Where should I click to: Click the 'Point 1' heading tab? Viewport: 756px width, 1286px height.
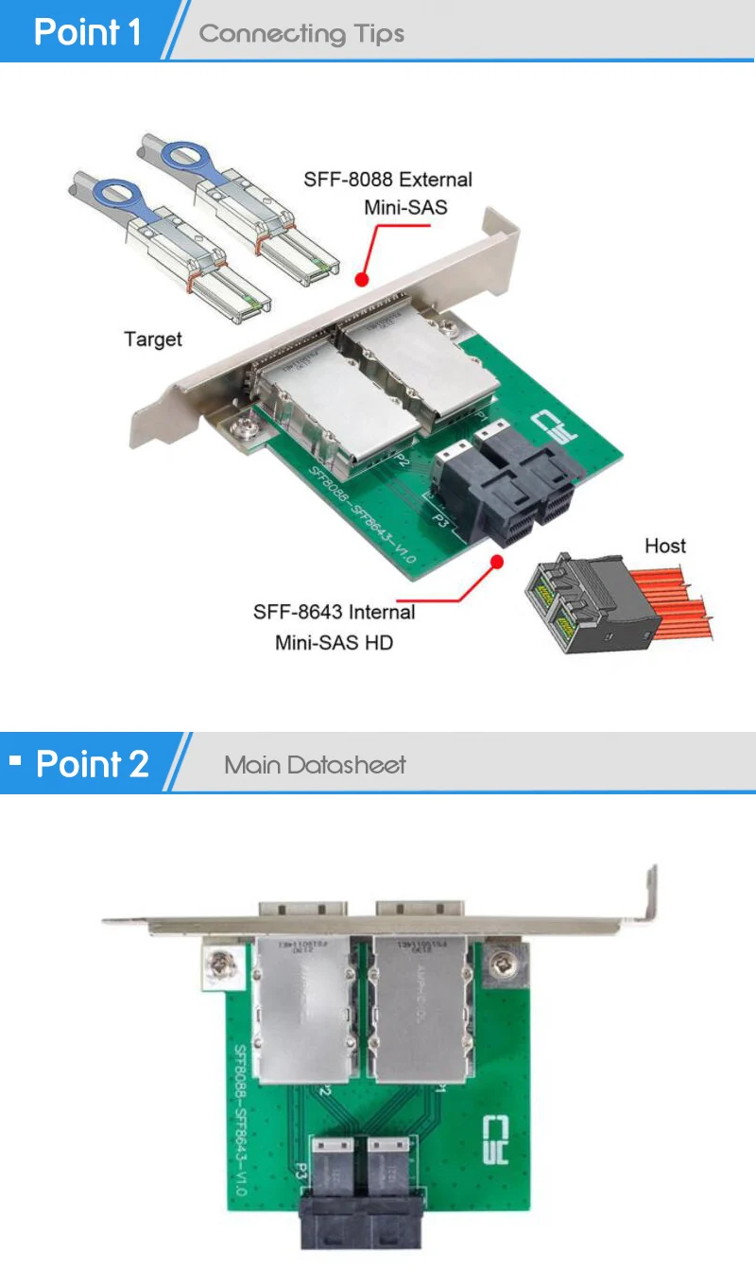click(86, 31)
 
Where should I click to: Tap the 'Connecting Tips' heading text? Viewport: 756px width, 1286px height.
click(301, 34)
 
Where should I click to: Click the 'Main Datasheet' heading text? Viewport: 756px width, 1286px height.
click(315, 765)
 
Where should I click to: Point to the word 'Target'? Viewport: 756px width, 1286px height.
click(153, 339)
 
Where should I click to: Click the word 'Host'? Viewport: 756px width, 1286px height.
click(665, 546)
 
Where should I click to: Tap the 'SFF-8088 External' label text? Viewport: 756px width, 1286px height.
click(387, 180)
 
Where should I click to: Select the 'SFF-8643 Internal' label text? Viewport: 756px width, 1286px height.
click(334, 612)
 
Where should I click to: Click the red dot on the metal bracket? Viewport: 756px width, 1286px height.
click(360, 279)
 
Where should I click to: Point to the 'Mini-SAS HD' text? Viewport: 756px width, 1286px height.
click(334, 643)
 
